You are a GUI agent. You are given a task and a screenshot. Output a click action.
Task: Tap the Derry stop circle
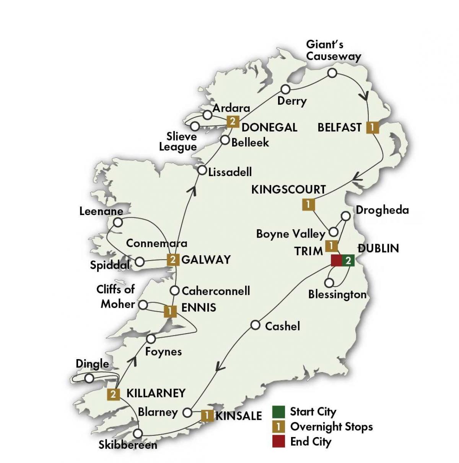click(285, 89)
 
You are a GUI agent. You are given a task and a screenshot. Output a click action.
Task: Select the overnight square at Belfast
click(372, 127)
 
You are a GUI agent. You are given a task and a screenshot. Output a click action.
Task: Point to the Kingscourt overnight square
click(308, 204)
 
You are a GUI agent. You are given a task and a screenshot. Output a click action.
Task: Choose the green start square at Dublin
click(348, 261)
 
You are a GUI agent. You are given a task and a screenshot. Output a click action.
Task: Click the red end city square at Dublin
click(336, 261)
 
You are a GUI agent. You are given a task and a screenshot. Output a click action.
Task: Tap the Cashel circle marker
click(256, 325)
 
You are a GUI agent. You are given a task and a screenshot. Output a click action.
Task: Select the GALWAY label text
click(206, 260)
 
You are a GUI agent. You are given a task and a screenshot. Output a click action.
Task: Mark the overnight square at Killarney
click(113, 394)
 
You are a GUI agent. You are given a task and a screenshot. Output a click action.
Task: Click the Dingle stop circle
click(89, 378)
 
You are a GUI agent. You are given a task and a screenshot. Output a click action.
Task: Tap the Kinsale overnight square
click(207, 415)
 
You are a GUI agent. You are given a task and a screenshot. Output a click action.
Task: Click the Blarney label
click(158, 412)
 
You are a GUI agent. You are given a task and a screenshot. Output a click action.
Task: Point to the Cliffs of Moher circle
click(143, 305)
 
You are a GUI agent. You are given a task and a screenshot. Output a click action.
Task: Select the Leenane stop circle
click(118, 222)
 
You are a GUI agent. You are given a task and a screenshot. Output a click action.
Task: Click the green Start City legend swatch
click(278, 411)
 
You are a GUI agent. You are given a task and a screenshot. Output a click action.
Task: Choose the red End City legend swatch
click(278, 441)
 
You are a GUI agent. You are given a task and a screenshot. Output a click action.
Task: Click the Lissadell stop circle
click(202, 171)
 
